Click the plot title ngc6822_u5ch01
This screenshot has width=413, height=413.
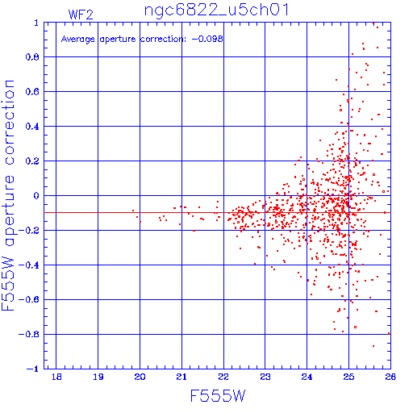(x=216, y=11)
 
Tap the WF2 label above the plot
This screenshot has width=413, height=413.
(x=81, y=15)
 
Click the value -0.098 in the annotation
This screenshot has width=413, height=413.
(x=207, y=39)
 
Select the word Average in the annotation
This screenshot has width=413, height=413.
(x=78, y=40)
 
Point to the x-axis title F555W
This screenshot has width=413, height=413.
(x=218, y=396)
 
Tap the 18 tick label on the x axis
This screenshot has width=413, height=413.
(x=56, y=377)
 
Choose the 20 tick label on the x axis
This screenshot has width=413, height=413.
(x=140, y=377)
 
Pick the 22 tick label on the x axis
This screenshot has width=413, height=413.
(x=223, y=377)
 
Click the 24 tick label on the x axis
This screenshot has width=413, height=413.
(x=307, y=377)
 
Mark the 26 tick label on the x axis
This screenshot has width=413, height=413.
(x=390, y=377)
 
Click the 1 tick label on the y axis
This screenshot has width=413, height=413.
(x=36, y=23)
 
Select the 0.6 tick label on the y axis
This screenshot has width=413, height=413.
(x=32, y=92)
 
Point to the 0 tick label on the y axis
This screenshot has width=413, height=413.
(x=36, y=195)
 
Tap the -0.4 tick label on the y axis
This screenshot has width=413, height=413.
(x=29, y=265)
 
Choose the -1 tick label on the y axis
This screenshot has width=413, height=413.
(x=33, y=369)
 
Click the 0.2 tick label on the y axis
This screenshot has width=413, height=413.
(x=32, y=161)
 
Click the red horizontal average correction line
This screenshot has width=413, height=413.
(x=217, y=212)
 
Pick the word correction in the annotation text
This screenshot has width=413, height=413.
(x=163, y=40)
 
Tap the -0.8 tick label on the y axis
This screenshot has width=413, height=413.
(x=29, y=334)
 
